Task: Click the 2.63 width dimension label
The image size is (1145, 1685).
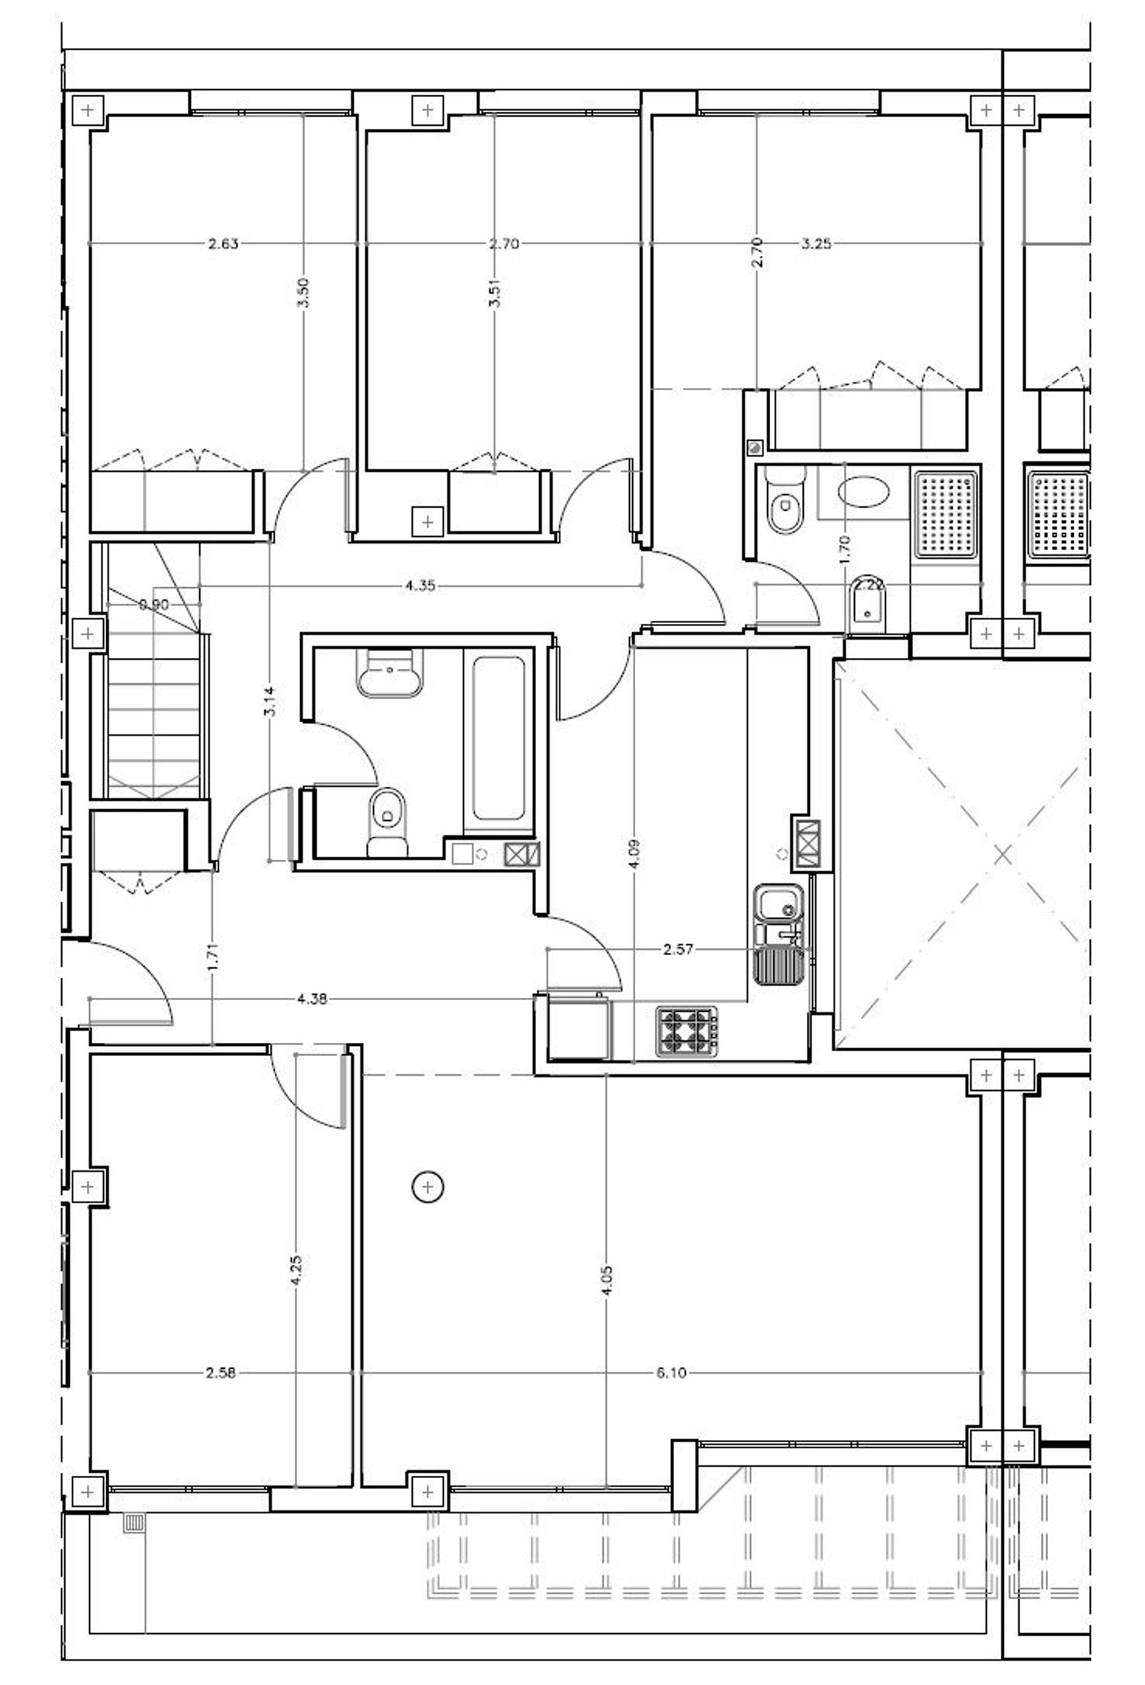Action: (223, 244)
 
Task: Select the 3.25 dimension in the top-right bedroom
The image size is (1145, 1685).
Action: (816, 244)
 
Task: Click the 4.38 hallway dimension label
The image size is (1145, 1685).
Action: (312, 999)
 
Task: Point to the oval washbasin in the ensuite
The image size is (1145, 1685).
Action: (863, 491)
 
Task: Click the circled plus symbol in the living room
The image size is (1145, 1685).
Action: (427, 1186)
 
